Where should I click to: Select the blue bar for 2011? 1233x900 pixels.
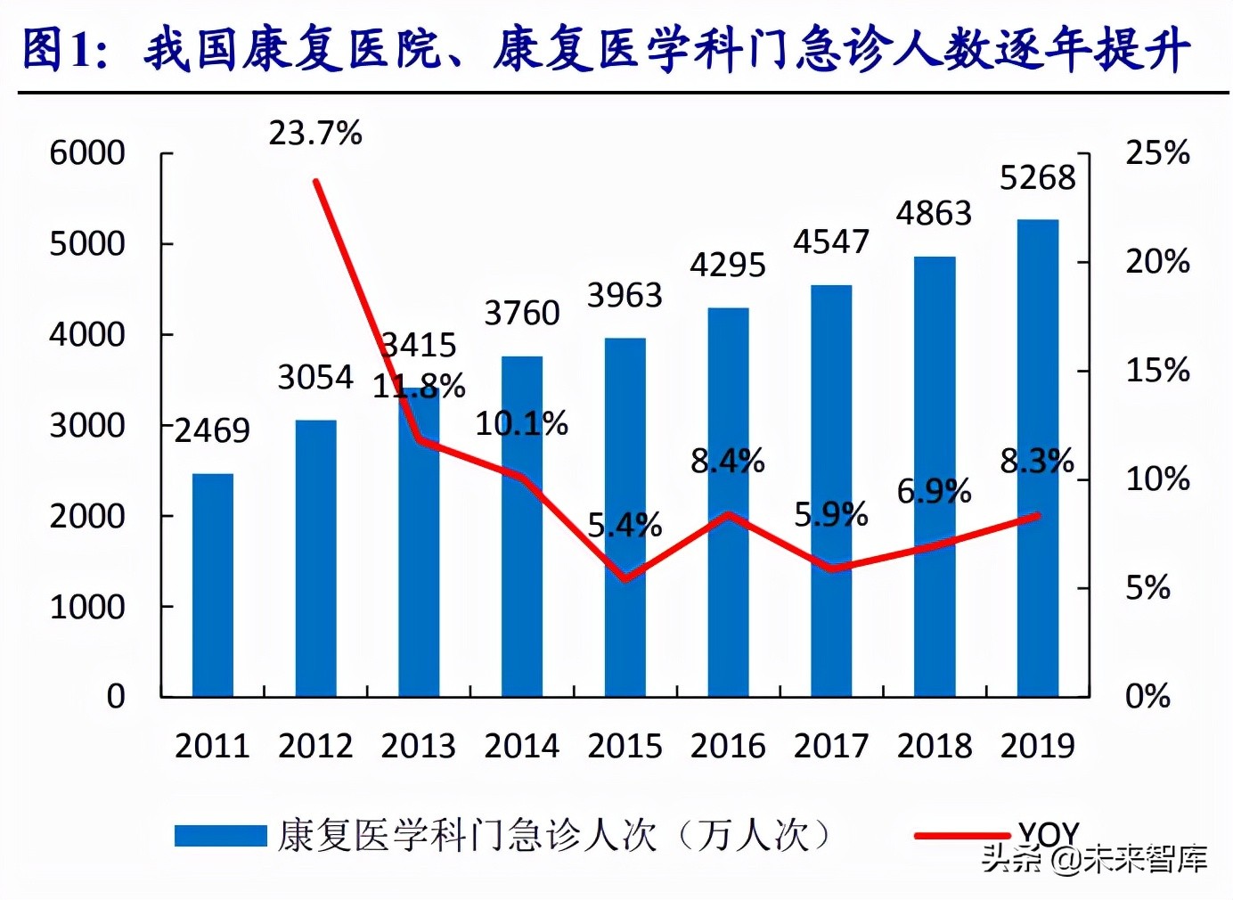tap(213, 585)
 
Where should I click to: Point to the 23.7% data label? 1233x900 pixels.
tap(315, 134)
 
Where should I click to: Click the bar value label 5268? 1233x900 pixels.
tap(1038, 178)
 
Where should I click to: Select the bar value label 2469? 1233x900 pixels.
tap(212, 431)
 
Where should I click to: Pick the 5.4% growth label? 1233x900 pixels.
tap(625, 525)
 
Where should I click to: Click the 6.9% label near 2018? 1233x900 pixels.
tap(934, 491)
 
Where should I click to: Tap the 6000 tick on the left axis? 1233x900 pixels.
tap(87, 153)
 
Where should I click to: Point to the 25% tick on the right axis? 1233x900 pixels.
tap(1157, 153)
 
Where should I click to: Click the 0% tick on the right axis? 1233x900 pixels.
tap(1147, 696)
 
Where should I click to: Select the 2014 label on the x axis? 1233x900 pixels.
tap(521, 746)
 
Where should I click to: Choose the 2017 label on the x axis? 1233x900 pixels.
tap(830, 746)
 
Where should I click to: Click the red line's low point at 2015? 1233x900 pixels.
tap(625, 579)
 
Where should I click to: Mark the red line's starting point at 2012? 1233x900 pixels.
tap(316, 182)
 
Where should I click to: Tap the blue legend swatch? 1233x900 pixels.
tap(220, 836)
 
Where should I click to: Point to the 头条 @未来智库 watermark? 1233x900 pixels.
tap(1094, 858)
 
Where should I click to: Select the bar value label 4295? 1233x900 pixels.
tap(728, 266)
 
